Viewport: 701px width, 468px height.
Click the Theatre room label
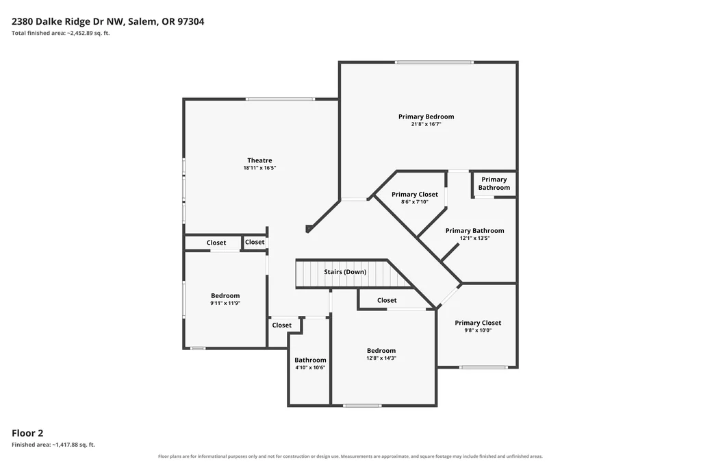pyautogui.click(x=259, y=160)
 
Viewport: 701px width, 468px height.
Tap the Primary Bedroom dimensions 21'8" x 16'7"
pyautogui.click(x=426, y=124)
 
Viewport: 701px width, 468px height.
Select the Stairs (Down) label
pyautogui.click(x=345, y=271)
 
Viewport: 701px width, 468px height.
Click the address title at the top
pyautogui.click(x=107, y=21)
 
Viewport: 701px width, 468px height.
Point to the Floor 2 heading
pyautogui.click(x=27, y=432)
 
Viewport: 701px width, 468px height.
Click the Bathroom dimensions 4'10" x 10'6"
pyautogui.click(x=310, y=367)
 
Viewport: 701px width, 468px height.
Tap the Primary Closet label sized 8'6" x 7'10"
pyautogui.click(x=415, y=194)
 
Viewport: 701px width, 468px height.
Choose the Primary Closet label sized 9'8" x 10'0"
pyautogui.click(x=478, y=323)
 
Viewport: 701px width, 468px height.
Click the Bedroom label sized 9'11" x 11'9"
pyautogui.click(x=225, y=295)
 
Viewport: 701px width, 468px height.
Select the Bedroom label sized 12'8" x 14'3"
pyautogui.click(x=381, y=350)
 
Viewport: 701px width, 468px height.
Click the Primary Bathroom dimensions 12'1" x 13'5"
pyautogui.click(x=475, y=238)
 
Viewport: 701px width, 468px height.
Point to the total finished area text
pyautogui.click(x=61, y=33)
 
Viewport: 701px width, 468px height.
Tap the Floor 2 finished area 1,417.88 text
pyautogui.click(x=53, y=445)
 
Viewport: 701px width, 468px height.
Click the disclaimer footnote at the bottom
pyautogui.click(x=350, y=456)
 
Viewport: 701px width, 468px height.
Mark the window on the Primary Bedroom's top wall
pyautogui.click(x=433, y=62)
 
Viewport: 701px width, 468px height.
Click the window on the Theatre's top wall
pyautogui.click(x=280, y=99)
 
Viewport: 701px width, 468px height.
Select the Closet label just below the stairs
pyautogui.click(x=387, y=300)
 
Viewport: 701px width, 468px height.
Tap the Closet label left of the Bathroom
pyautogui.click(x=281, y=325)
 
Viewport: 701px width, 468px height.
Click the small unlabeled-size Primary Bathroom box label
pyautogui.click(x=494, y=184)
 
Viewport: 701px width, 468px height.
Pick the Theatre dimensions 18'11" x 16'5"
pyautogui.click(x=259, y=168)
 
